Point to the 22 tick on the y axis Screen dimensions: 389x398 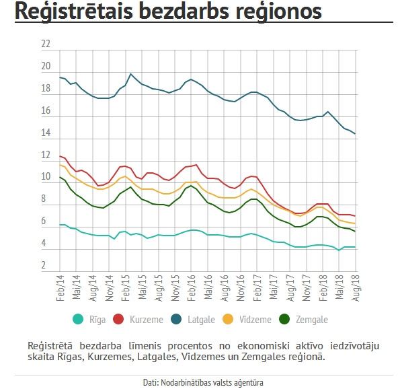point(46,44)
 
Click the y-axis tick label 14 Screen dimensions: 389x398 point(46,133)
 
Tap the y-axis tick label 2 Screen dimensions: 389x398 point(46,266)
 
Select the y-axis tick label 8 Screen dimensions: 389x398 point(46,200)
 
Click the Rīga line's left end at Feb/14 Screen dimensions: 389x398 point(60,225)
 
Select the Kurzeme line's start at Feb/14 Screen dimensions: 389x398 point(60,156)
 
